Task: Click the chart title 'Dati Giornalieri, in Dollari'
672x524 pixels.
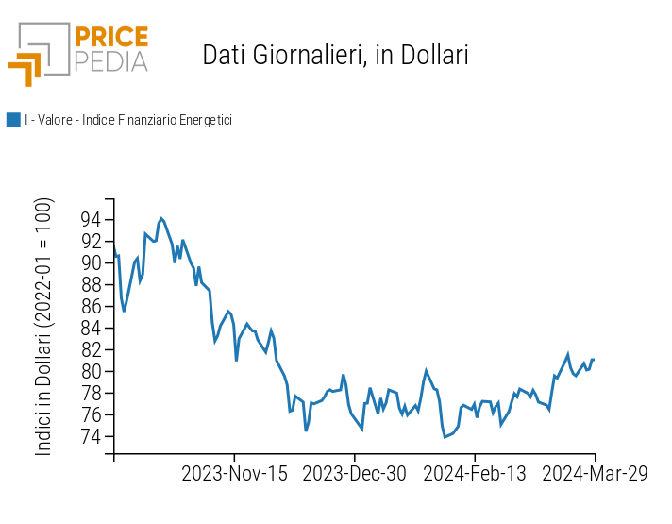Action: (335, 56)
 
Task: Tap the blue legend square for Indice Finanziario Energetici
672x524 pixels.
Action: (13, 120)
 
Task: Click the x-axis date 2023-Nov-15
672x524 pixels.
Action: (234, 474)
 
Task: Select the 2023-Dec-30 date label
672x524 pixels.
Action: (355, 474)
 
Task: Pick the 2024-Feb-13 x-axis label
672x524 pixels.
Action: (475, 474)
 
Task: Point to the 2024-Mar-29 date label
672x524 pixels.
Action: (596, 474)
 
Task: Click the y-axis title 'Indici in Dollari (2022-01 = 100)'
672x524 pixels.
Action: (44, 327)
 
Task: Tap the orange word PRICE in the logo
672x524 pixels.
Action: (110, 38)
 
